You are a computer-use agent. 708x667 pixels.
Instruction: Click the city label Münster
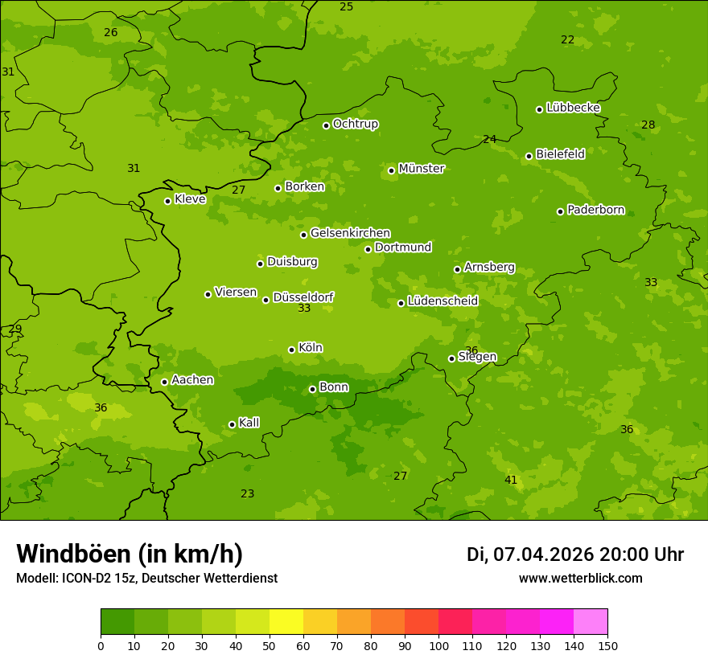point(421,169)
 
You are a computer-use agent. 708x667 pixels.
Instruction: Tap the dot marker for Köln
point(291,350)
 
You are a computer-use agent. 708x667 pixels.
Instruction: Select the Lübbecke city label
point(573,108)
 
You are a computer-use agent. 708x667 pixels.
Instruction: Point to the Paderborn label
point(595,210)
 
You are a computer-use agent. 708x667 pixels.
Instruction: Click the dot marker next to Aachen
point(164,382)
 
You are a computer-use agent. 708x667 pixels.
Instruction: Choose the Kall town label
point(249,423)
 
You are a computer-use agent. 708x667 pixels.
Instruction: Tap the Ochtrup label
point(355,124)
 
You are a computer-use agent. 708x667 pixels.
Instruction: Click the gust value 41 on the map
point(511,480)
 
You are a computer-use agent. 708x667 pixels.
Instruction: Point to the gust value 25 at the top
point(346,6)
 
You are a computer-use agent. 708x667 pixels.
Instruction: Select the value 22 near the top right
point(567,39)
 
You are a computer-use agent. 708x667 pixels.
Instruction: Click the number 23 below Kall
point(247,493)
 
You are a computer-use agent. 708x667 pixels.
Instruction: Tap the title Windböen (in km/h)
point(129,554)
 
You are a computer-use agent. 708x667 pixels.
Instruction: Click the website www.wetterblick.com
point(580,578)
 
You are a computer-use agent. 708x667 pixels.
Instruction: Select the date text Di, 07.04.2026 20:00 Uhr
point(574,554)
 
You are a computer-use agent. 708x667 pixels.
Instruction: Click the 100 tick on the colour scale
point(438,646)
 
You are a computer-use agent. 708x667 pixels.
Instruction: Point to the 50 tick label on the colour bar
point(270,646)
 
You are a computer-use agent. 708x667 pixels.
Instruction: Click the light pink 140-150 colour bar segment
point(591,621)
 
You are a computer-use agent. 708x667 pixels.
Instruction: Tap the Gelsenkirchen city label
point(350,233)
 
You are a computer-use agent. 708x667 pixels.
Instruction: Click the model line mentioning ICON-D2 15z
point(146,578)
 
